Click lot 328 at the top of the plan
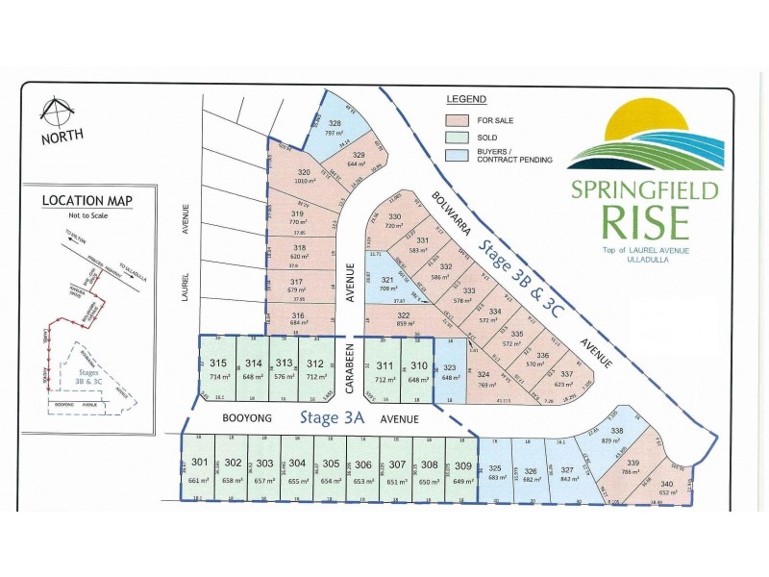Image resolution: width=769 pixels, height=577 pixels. click(x=335, y=128)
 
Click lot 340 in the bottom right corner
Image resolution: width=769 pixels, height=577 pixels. click(x=667, y=489)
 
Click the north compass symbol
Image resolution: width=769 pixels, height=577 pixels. click(x=60, y=114)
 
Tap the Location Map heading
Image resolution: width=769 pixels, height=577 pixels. click(x=87, y=201)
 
